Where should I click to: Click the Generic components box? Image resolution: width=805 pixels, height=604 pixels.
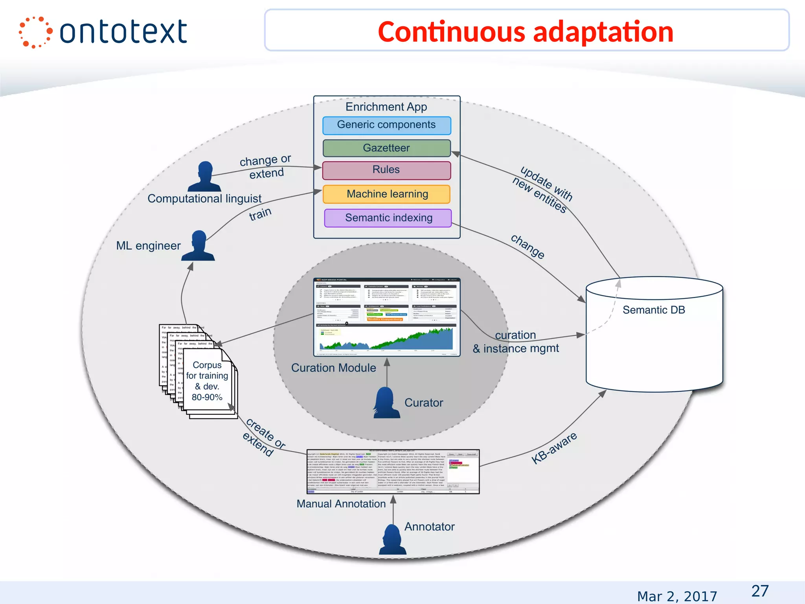pos(386,125)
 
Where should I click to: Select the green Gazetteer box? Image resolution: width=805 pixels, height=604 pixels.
pos(386,148)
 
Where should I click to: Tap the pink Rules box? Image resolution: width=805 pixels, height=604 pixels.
pos(386,170)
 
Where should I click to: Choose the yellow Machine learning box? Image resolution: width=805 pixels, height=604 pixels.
pos(386,194)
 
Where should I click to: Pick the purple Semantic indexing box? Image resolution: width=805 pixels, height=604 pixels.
pos(388,218)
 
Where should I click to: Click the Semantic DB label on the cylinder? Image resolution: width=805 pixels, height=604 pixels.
pos(654,310)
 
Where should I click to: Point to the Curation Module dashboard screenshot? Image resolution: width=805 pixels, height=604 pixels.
pos(387,317)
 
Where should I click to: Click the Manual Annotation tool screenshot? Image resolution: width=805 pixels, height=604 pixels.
pos(393,471)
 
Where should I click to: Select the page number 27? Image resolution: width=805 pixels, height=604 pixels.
pos(760,591)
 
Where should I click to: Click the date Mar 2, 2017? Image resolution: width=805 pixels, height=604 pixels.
pos(677,596)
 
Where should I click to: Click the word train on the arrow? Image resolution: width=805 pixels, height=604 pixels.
pos(260,214)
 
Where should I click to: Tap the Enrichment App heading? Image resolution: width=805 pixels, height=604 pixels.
pos(386,107)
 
